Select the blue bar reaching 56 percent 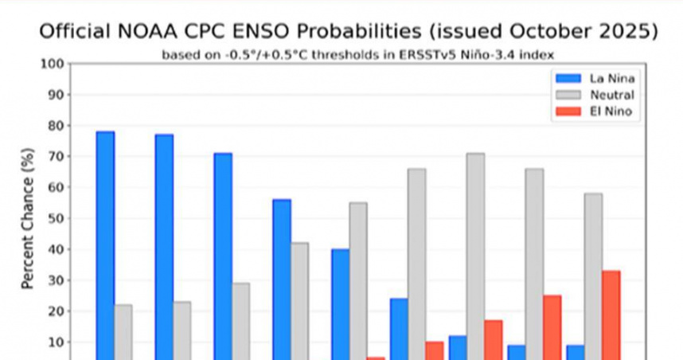pos(282,279)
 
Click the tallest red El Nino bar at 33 pos(611,315)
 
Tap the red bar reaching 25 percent pos(552,327)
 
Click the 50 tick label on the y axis pos(56,218)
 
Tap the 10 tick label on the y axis pos(56,342)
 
